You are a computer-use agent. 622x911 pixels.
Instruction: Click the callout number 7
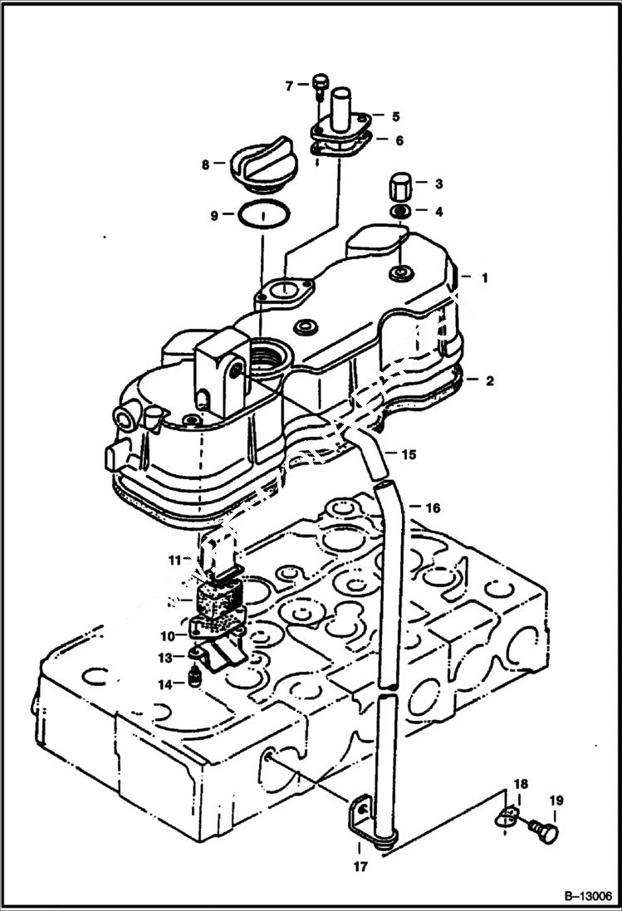pos(290,86)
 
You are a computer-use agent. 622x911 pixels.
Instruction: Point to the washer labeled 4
pos(399,211)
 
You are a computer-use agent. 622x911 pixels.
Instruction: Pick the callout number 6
pos(399,141)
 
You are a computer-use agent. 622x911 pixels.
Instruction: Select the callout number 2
pos(490,381)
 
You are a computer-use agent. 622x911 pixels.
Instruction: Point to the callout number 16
pos(433,507)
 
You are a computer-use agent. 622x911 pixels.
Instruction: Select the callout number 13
pos(166,658)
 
